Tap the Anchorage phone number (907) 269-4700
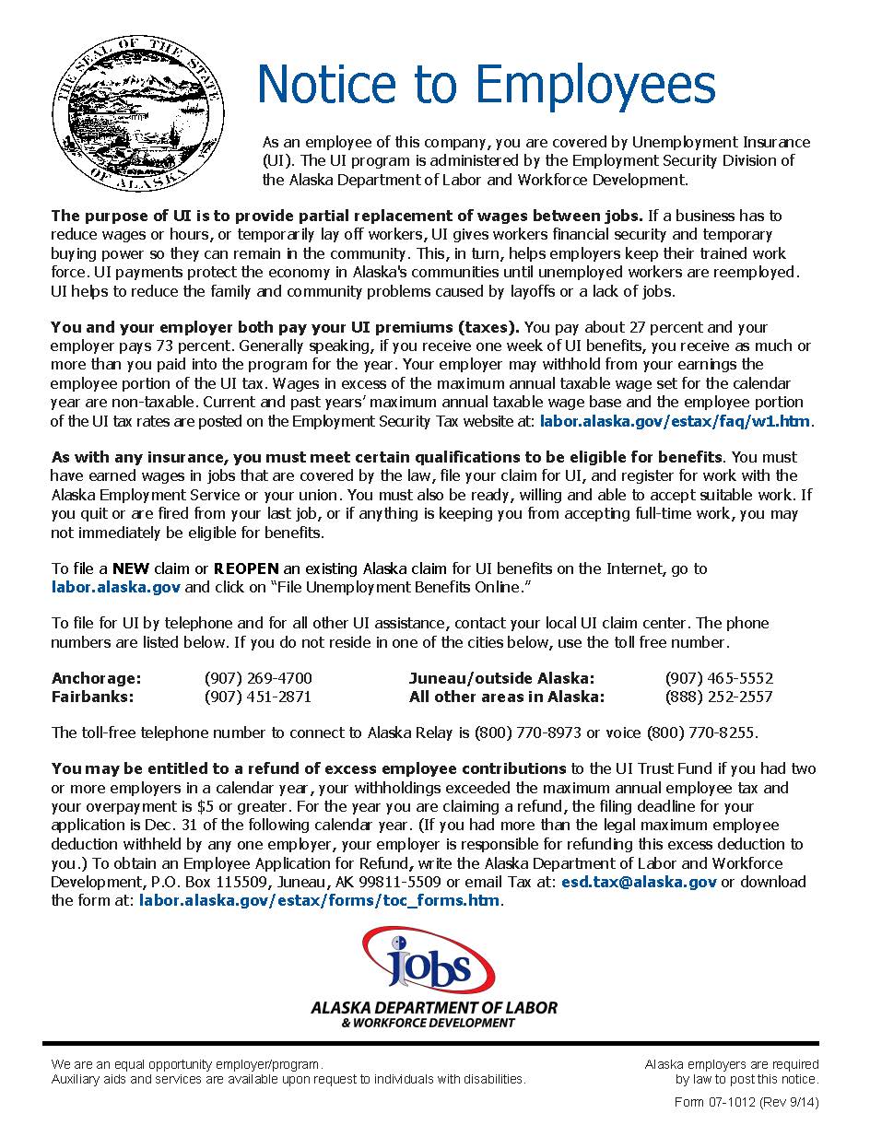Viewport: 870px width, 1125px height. (x=258, y=678)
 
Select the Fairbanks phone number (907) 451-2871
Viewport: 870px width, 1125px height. (x=258, y=697)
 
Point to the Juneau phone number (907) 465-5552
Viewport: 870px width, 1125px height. (x=719, y=678)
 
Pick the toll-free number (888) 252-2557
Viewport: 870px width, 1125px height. (x=719, y=697)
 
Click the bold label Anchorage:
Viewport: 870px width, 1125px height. (x=96, y=678)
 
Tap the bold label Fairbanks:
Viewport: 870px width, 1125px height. (x=92, y=697)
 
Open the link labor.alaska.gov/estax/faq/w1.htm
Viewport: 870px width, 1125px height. (x=676, y=421)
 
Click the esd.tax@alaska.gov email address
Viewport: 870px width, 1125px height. (x=639, y=882)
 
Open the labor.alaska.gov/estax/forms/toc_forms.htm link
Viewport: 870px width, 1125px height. (x=320, y=900)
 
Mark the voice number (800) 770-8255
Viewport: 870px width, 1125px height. (x=701, y=733)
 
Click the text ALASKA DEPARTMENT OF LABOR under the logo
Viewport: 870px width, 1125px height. (x=434, y=1007)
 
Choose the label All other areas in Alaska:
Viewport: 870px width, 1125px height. (x=507, y=697)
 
